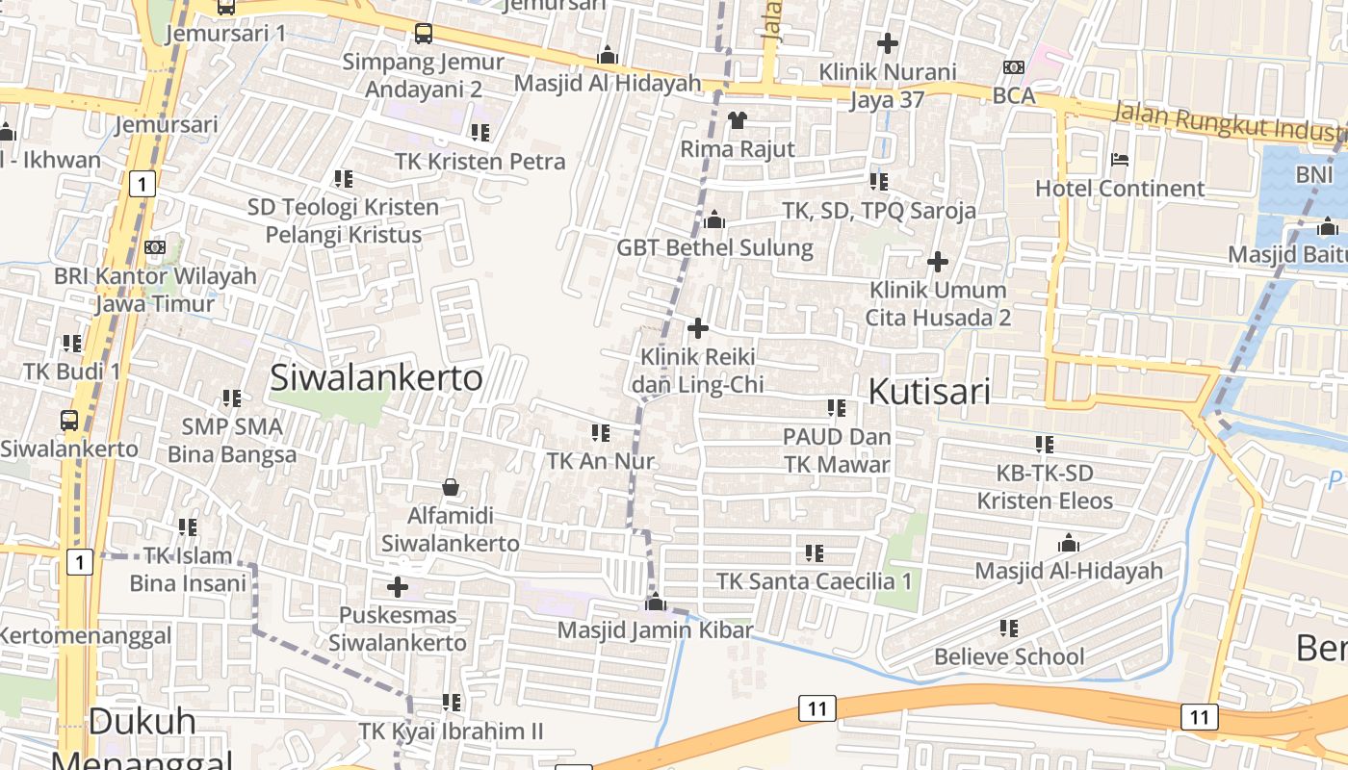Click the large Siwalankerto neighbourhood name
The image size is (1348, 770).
376,378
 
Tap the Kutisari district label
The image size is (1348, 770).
929,392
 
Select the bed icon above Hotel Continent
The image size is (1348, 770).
1119,160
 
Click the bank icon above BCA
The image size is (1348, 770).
1013,67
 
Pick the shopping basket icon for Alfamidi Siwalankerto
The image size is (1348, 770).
450,488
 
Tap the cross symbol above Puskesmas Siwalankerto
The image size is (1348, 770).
397,587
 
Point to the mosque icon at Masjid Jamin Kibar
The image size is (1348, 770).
656,603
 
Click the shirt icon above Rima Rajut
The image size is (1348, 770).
738,120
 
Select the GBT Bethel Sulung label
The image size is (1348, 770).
714,248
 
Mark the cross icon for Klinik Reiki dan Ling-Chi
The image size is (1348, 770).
698,329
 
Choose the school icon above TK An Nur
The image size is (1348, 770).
601,433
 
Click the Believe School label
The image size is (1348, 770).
1009,657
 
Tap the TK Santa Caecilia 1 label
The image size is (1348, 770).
814,581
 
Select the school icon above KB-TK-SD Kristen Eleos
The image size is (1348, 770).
1045,445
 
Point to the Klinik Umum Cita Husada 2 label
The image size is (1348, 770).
938,303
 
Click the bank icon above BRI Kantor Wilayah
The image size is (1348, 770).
154,247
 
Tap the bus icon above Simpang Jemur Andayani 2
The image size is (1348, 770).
424,34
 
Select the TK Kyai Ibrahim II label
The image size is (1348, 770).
451,731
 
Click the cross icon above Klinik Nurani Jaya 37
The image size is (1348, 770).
888,43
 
